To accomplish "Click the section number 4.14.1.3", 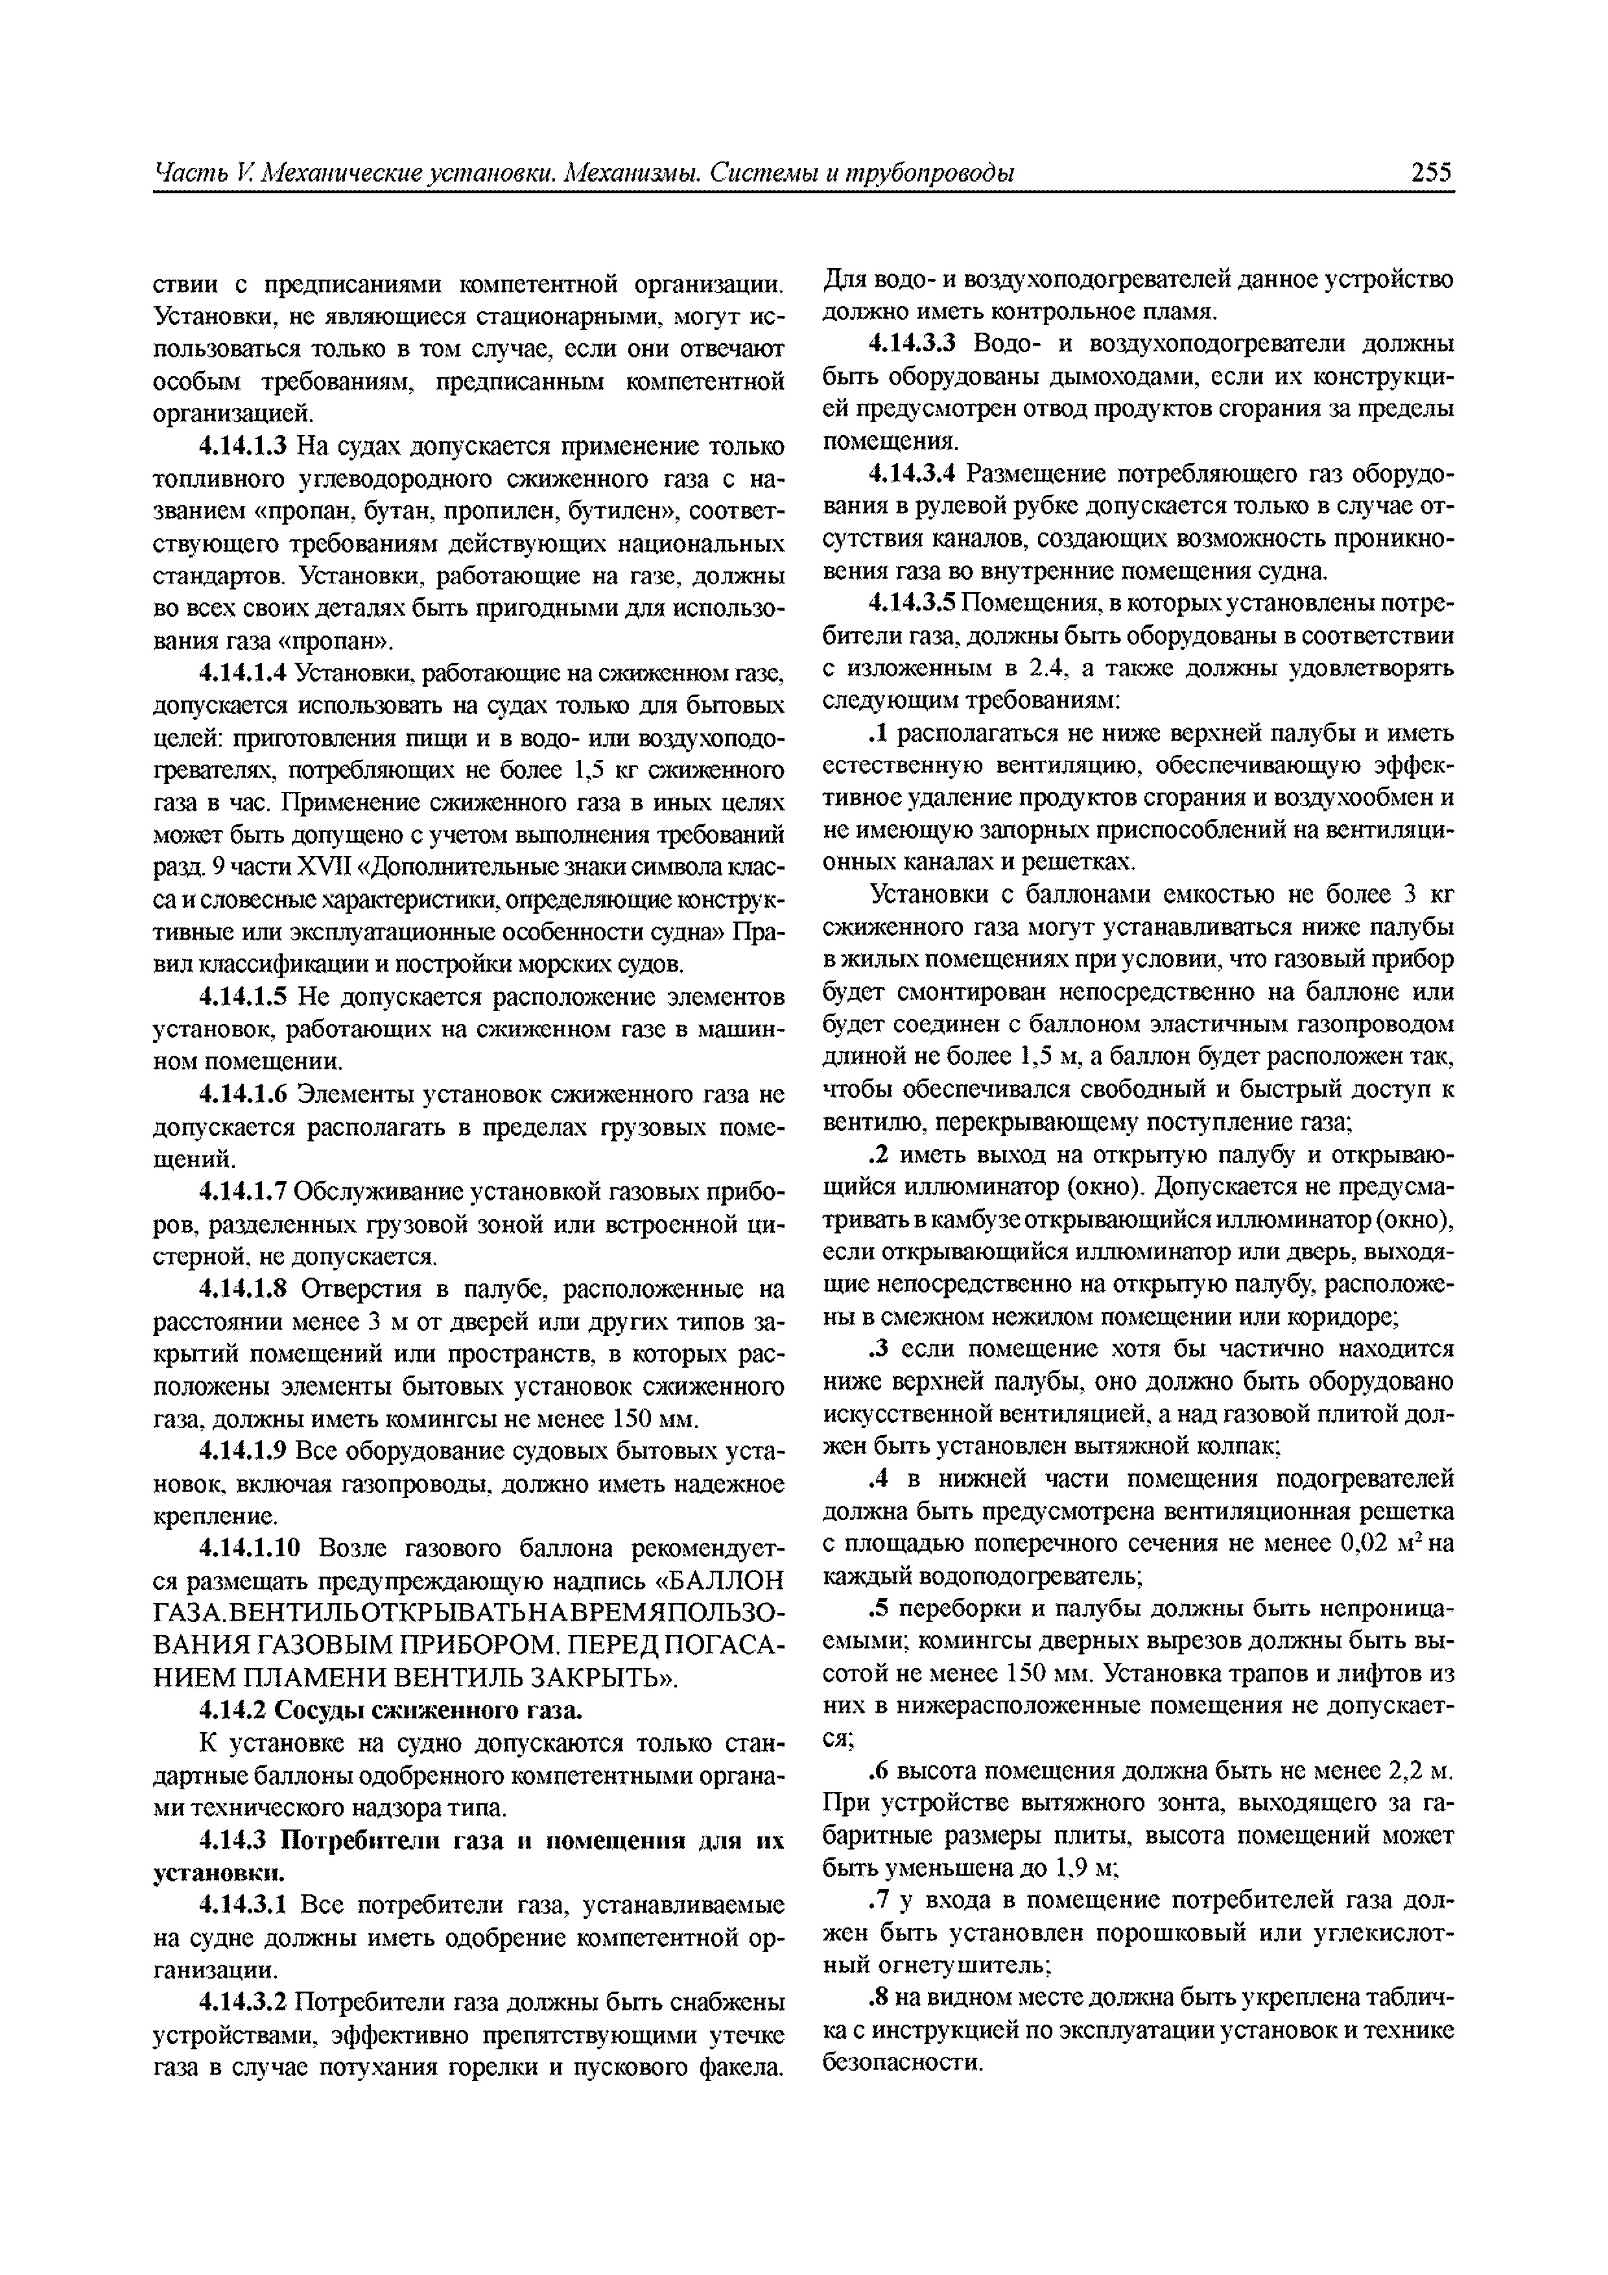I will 242,446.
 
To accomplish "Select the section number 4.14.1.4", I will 242,674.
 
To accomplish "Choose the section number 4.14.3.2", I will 242,2003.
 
